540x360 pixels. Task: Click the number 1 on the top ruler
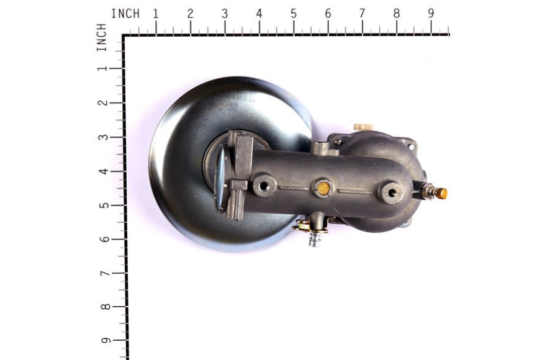tap(156, 14)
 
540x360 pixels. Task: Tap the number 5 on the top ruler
tap(294, 14)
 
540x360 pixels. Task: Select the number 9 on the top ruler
tap(431, 14)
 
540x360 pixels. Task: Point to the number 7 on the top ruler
tap(362, 14)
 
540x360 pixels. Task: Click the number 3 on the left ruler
tap(103, 137)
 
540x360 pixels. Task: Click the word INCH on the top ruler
tap(125, 14)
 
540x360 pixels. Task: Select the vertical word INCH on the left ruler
tap(101, 37)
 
